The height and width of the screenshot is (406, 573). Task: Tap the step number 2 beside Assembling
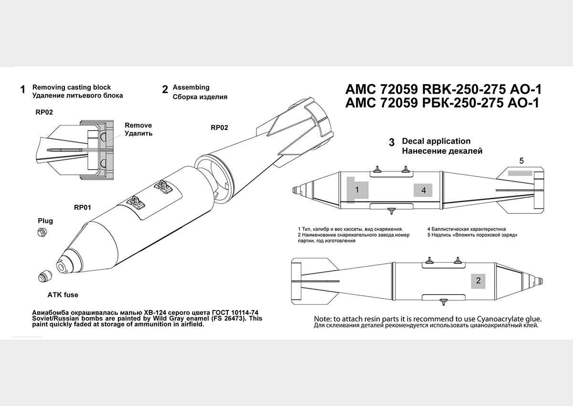click(x=165, y=89)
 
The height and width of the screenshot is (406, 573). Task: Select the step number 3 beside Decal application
click(x=392, y=142)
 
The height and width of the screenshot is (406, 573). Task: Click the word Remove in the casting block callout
click(x=138, y=125)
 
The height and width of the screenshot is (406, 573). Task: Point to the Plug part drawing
click(x=41, y=232)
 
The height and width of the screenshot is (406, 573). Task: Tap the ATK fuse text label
click(x=63, y=295)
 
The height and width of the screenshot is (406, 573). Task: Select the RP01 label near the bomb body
click(x=83, y=208)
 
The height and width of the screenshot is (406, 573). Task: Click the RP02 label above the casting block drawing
click(x=44, y=112)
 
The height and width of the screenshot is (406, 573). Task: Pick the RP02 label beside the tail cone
click(x=219, y=128)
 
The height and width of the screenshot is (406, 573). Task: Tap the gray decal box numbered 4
click(x=423, y=190)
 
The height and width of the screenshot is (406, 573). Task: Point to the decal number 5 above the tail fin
click(x=521, y=161)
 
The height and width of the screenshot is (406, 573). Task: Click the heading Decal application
click(x=436, y=141)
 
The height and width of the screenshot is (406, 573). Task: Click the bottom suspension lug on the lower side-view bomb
click(x=446, y=302)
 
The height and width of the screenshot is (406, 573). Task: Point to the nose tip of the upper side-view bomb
click(x=292, y=190)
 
